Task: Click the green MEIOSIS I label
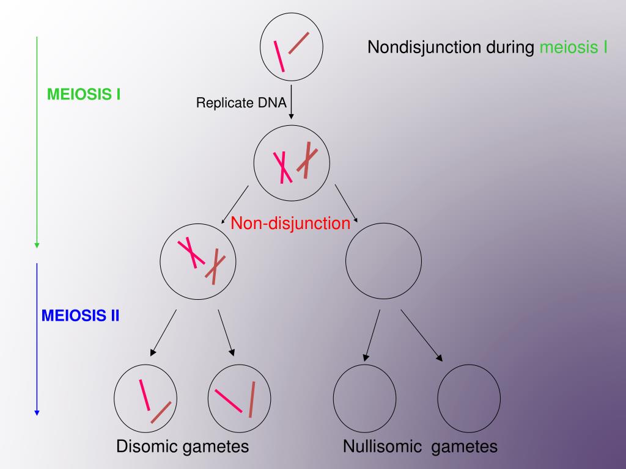pyautogui.click(x=84, y=95)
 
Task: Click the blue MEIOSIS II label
pyautogui.click(x=81, y=316)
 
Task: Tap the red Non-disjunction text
pyautogui.click(x=290, y=224)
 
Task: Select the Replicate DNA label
pyautogui.click(x=241, y=103)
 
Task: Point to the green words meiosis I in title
pyautogui.click(x=573, y=48)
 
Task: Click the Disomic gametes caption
pyautogui.click(x=183, y=446)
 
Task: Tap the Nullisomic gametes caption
pyautogui.click(x=420, y=446)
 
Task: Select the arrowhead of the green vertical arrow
pyautogui.click(x=37, y=245)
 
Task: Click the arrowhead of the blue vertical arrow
pyautogui.click(x=37, y=412)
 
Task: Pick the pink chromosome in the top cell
pyautogui.click(x=279, y=56)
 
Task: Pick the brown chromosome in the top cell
pyautogui.click(x=299, y=43)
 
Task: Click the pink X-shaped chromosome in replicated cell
pyautogui.click(x=281, y=167)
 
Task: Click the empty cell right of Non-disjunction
pyautogui.click(x=383, y=261)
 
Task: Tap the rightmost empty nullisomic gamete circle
pyautogui.click(x=469, y=399)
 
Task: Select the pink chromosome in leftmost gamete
pyautogui.click(x=145, y=395)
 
